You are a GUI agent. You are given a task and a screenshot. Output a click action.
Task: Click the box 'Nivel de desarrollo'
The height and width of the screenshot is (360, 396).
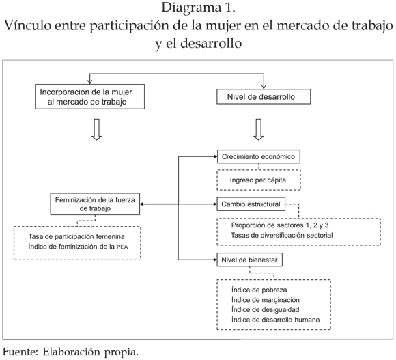264,96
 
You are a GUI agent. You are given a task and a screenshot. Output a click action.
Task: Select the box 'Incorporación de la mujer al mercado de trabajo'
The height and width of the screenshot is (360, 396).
89,97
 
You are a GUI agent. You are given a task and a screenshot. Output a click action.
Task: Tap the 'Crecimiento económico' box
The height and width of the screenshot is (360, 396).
259,156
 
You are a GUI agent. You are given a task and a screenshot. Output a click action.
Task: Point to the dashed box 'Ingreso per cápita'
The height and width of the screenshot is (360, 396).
259,180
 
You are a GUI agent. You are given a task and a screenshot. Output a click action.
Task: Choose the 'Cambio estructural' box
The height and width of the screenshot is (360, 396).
251,204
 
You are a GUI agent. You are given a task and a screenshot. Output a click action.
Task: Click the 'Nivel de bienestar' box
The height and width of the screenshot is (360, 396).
249,260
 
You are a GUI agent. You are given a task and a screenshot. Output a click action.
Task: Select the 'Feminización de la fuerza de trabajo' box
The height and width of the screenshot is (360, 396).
95,204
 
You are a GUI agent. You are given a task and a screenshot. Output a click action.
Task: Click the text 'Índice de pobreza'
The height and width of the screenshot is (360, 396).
259,290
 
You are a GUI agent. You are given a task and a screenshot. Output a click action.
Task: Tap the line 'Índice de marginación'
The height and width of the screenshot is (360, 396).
266,300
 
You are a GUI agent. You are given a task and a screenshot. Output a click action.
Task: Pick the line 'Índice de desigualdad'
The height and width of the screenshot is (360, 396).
266,309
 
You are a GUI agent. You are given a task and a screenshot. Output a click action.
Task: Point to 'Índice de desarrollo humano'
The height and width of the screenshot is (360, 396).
276,320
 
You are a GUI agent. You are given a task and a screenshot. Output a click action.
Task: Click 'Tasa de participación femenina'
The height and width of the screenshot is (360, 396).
76,236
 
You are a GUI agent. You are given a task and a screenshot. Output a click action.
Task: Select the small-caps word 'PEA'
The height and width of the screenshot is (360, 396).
122,247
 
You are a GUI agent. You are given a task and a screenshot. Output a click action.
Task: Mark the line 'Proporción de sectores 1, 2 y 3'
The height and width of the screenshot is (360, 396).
280,225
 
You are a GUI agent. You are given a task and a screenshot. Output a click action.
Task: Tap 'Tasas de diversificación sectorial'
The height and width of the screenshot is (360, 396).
281,235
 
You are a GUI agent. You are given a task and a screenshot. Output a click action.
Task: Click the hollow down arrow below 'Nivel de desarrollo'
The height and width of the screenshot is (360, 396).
258,129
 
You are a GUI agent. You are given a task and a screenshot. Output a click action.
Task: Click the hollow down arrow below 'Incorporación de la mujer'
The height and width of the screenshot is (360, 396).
96,129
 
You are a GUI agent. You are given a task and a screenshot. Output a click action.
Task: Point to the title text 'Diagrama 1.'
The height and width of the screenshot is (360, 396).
198,8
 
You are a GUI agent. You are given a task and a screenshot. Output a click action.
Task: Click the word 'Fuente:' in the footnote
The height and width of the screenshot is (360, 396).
20,352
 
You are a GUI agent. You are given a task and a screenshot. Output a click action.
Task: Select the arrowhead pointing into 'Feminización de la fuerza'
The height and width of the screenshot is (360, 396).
142,204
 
